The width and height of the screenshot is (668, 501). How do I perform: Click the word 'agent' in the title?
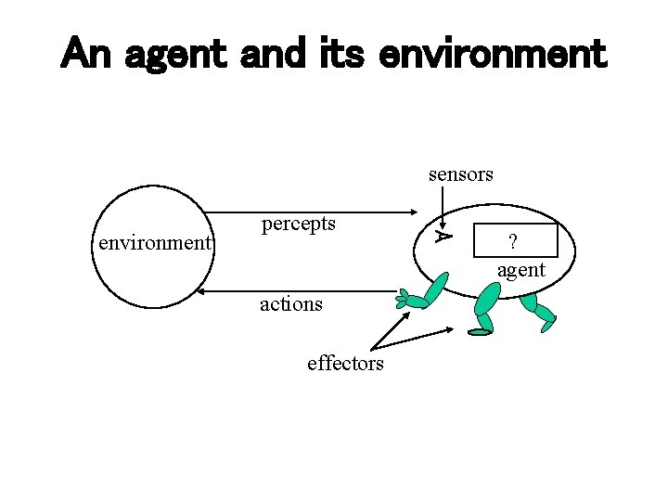(174, 56)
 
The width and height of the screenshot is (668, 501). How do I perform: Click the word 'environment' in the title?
(492, 56)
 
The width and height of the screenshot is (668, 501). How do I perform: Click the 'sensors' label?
(460, 173)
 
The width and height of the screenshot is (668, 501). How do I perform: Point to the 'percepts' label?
(299, 224)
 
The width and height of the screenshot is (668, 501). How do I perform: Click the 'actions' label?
(291, 303)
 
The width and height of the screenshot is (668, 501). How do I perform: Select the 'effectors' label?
(345, 363)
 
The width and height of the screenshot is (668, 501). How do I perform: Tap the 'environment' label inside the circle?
(156, 243)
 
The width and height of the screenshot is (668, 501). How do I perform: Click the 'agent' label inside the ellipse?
(521, 270)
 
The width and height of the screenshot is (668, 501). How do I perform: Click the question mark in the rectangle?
(511, 242)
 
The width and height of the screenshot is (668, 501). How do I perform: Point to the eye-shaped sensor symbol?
(444, 237)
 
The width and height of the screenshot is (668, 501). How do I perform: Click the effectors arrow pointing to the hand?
(391, 330)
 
